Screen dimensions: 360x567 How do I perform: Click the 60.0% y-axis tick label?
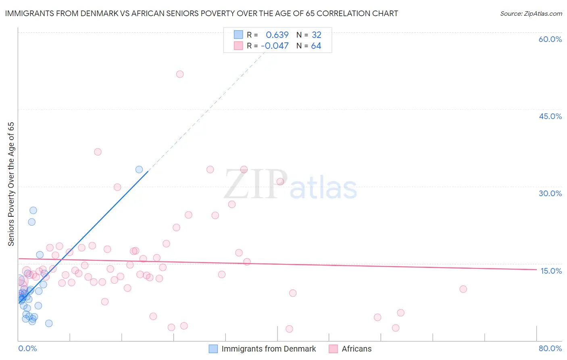coord(550,39)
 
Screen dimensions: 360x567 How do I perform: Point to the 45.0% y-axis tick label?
coord(550,116)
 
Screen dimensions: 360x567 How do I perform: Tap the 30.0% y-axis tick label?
coord(550,193)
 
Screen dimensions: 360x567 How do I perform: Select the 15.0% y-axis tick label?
coord(551,270)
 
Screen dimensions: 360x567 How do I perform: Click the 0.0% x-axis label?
coord(27,348)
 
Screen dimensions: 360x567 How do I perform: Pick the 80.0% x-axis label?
coord(550,348)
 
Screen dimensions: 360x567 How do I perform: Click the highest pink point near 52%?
coord(180,74)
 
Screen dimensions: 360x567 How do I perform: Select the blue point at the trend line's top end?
coord(139,170)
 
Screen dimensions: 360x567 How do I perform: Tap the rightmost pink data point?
coord(463,289)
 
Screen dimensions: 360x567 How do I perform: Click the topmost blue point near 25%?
coord(33,210)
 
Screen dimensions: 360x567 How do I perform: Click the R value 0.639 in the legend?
coord(277,35)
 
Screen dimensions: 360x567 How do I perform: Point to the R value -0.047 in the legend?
coord(275,46)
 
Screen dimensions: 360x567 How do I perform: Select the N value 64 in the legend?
coord(316,46)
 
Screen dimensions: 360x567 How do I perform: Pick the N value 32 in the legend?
coord(317,35)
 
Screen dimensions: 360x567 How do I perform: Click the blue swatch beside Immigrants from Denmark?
coord(213,349)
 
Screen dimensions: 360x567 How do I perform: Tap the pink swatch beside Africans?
coord(333,349)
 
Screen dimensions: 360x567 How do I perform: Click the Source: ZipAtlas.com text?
coord(531,13)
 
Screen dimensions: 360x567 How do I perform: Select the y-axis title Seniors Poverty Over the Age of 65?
coord(11,184)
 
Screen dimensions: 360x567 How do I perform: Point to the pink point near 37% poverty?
coord(98,152)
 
